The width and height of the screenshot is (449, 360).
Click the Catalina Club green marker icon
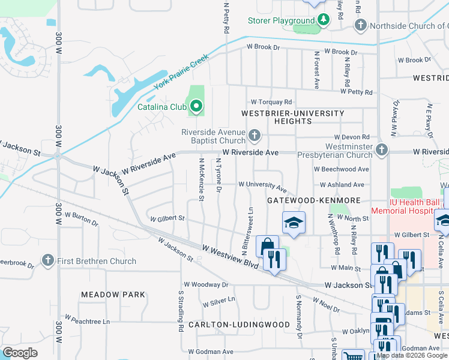pos(195,107)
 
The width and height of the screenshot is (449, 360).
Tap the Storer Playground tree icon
pos(324,20)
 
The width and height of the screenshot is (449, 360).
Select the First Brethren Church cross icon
pos(48,261)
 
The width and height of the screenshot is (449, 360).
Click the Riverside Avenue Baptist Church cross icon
pos(255,136)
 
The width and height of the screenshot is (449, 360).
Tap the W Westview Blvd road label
pos(230,256)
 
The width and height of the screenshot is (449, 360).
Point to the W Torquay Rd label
pos(271,102)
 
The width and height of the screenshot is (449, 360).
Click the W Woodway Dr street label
pos(206,284)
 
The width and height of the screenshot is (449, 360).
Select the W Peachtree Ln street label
pos(88,320)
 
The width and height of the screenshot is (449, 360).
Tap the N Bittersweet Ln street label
pos(244,232)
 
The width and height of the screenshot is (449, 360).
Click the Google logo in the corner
pos(20,353)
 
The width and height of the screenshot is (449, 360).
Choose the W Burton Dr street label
pos(81,218)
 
